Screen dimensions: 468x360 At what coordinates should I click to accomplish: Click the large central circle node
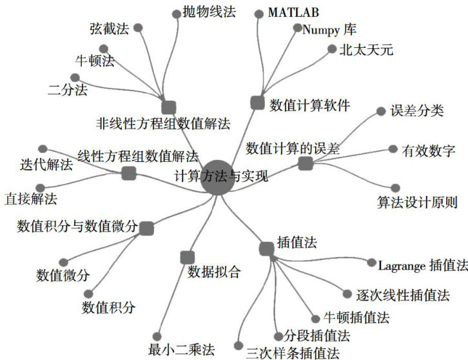(x=217, y=177)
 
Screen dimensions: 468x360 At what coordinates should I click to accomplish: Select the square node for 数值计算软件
(x=257, y=102)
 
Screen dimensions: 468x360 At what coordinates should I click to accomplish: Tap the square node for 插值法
(x=266, y=248)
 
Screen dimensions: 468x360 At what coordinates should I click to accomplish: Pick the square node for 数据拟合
(x=188, y=256)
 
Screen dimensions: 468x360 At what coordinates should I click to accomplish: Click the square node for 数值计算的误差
(x=305, y=164)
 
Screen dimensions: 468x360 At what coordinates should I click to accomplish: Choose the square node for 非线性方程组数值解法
(x=169, y=107)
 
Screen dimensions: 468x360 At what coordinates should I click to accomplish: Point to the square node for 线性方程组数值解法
(x=128, y=173)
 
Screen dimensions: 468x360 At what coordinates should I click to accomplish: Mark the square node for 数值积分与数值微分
(x=146, y=228)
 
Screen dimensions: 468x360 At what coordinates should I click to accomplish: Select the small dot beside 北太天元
(x=332, y=49)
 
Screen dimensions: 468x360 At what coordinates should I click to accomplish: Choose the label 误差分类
(x=417, y=111)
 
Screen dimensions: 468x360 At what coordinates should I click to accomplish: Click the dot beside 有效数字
(x=394, y=150)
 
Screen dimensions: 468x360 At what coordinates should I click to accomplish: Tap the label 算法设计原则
(x=417, y=203)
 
